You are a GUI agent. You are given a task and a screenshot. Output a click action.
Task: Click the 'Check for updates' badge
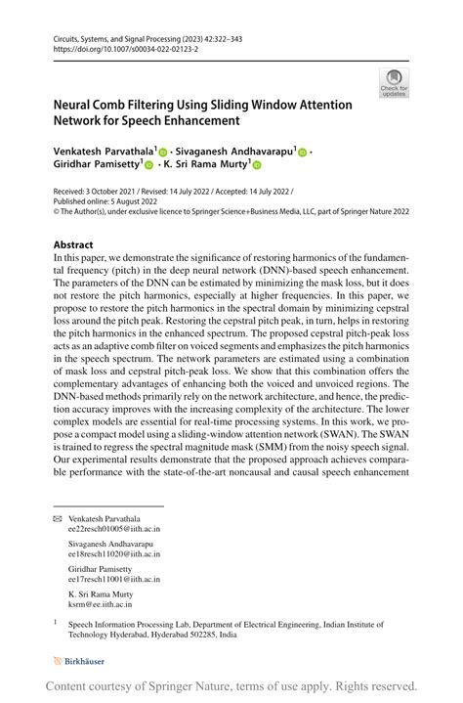click(394, 83)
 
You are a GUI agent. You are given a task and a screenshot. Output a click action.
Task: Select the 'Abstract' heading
click(73, 244)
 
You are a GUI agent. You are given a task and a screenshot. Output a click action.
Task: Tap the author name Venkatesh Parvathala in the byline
click(102, 153)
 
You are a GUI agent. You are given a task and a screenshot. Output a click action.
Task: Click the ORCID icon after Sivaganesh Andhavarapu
click(302, 154)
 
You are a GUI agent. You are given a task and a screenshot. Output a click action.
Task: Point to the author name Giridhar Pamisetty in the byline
click(102, 166)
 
